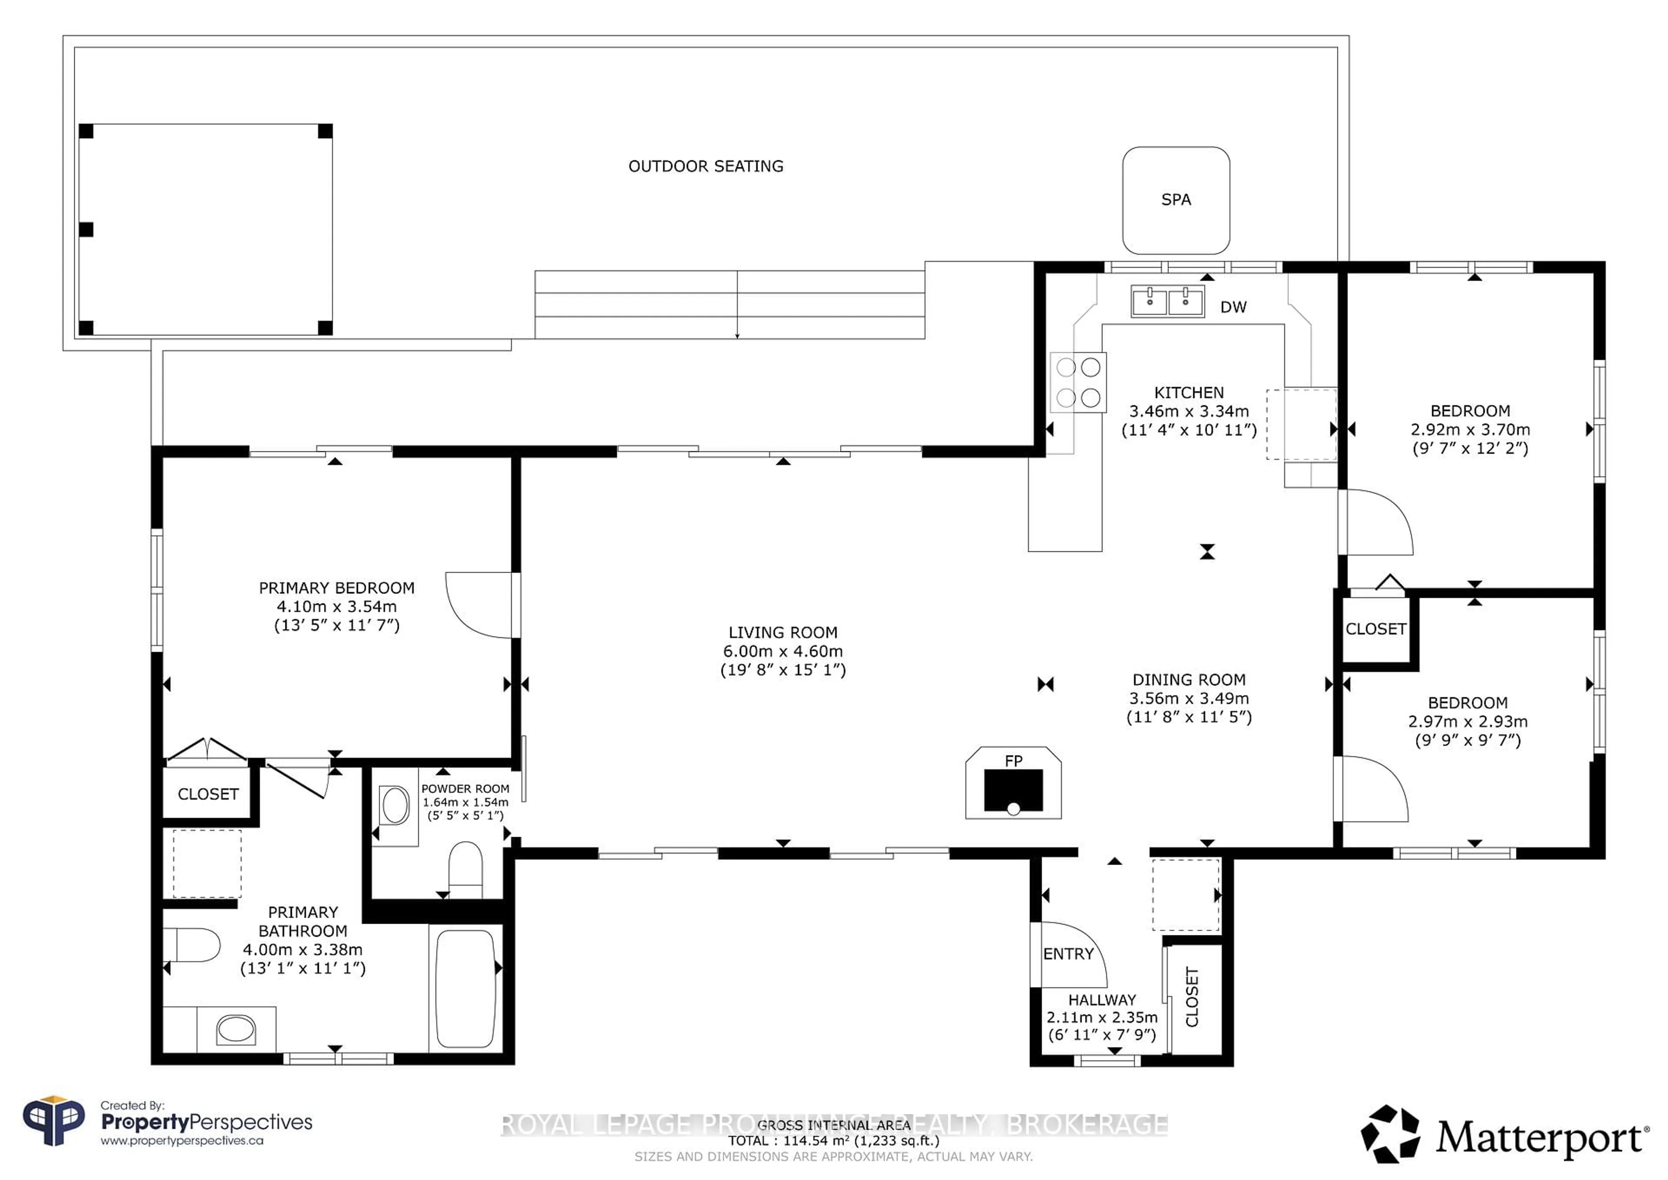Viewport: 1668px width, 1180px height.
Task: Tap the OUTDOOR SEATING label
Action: pos(705,166)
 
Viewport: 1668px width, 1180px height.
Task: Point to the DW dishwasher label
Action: pos(1233,307)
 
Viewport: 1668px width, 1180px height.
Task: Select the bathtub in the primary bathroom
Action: pos(465,988)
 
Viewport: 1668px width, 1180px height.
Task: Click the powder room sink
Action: pos(395,805)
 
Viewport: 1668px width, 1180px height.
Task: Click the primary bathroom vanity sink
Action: pos(235,1029)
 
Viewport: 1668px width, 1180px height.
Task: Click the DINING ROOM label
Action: pos(1188,679)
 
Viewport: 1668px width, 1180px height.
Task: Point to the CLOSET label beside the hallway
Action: pos(1191,997)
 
